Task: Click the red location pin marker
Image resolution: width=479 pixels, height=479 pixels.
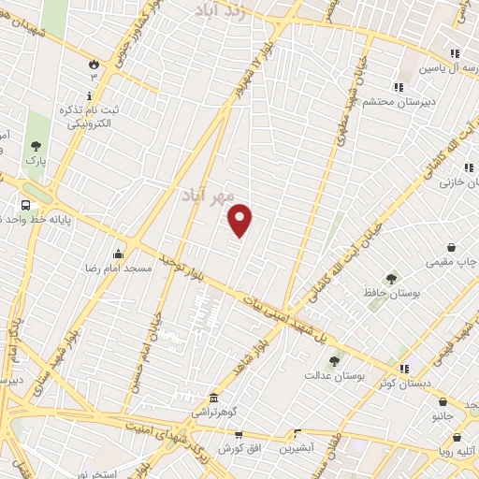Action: point(240,220)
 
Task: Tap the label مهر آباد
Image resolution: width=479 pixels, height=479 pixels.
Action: point(207,195)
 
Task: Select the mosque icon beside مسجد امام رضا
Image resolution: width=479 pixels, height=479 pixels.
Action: point(119,254)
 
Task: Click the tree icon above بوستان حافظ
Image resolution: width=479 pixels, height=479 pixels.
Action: point(390,278)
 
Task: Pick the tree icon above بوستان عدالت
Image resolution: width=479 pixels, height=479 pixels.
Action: point(334,359)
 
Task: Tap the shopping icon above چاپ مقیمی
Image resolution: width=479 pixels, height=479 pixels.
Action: point(452,248)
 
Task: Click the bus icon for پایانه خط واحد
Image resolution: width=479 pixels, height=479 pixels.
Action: point(25,204)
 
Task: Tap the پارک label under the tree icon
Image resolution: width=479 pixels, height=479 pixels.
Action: point(36,161)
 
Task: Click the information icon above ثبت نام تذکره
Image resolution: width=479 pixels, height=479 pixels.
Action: point(90,95)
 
